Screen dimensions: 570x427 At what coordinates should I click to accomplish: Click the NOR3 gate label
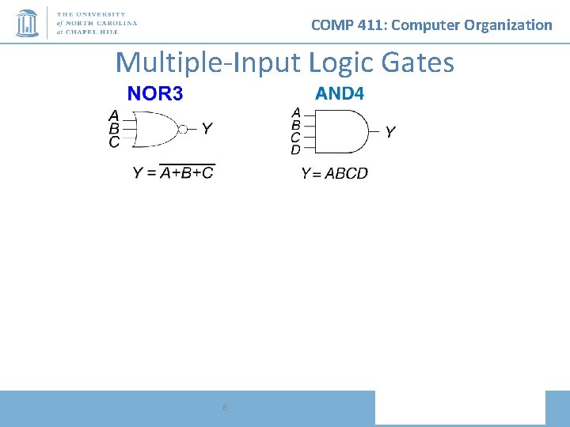[x=155, y=94]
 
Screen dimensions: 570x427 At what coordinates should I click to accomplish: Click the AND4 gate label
[x=340, y=94]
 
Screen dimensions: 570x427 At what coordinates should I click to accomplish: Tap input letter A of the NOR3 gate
[x=114, y=115]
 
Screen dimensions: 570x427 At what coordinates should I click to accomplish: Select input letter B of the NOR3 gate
[x=114, y=129]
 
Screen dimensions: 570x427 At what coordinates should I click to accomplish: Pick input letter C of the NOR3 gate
[x=114, y=142]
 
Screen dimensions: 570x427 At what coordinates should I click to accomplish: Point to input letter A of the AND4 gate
[x=296, y=112]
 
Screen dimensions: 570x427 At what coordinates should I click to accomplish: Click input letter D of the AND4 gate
[x=296, y=149]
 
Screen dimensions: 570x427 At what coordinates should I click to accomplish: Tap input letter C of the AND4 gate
[x=296, y=137]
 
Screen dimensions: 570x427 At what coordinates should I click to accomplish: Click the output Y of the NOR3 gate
[x=207, y=128]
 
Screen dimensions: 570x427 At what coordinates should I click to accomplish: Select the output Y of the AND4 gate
[x=390, y=132]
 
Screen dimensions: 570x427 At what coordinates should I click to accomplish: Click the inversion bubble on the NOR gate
[x=183, y=129]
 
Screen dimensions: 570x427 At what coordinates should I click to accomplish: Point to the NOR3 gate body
[x=157, y=129]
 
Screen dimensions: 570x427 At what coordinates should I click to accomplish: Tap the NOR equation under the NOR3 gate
[x=173, y=173]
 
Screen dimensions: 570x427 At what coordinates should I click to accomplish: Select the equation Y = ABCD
[x=334, y=174]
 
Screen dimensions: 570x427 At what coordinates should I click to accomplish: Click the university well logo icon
[x=28, y=23]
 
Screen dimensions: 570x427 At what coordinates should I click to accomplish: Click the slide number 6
[x=226, y=407]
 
